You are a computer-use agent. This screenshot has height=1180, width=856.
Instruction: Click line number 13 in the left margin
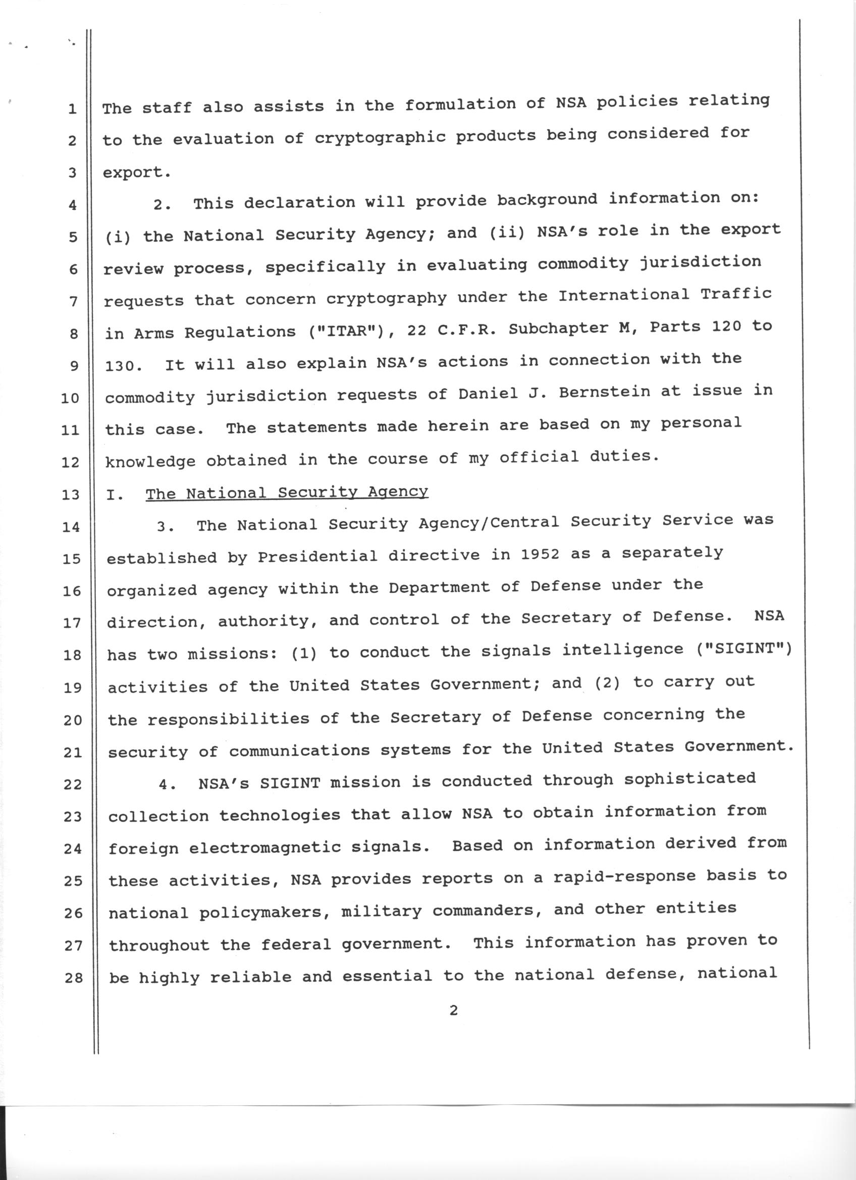[70, 494]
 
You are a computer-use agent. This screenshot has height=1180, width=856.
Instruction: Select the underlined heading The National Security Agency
[287, 492]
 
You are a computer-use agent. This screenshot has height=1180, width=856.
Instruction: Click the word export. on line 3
[136, 173]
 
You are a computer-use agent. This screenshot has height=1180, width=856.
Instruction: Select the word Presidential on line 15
[317, 556]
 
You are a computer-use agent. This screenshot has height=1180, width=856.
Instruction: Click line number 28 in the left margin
[73, 978]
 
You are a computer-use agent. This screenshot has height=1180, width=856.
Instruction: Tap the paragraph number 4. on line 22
[168, 785]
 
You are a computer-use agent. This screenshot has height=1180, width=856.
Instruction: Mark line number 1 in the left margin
[72, 109]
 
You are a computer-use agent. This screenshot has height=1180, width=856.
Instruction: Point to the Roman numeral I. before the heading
[115, 494]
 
